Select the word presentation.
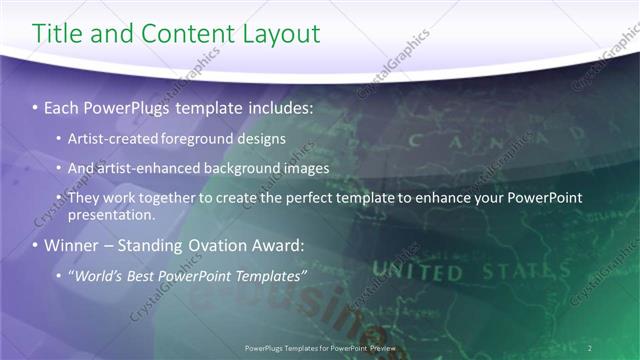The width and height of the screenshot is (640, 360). point(111,214)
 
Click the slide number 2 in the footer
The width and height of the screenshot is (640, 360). point(590,347)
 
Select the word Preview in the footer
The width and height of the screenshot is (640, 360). point(378,347)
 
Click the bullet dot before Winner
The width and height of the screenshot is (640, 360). point(37,245)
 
